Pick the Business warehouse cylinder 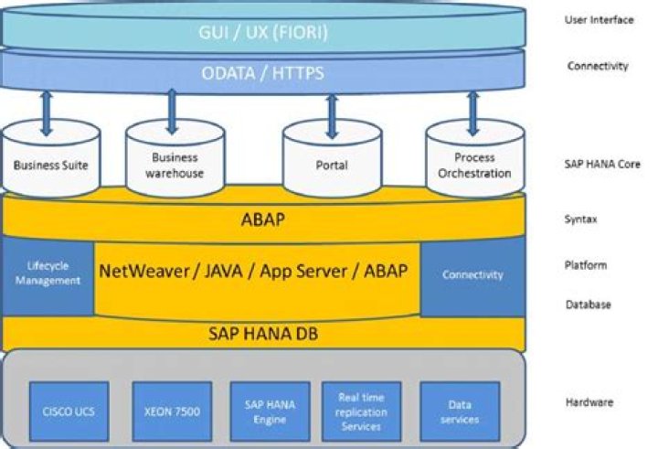tap(171, 165)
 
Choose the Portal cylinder tap(330, 165)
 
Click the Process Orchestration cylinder tap(474, 165)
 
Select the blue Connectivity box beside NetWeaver tap(472, 274)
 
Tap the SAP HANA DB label tap(263, 335)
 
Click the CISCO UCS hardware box tap(69, 412)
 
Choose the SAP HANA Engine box tap(264, 412)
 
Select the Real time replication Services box tap(361, 412)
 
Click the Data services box tap(460, 412)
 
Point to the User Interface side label tap(600, 20)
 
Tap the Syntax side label tap(582, 220)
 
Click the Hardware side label tap(589, 402)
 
